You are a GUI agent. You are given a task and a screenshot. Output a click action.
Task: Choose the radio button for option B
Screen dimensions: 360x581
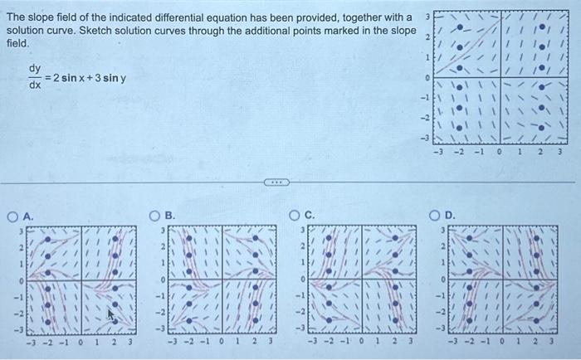pos(154,215)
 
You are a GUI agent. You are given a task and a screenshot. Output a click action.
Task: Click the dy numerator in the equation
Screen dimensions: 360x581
pos(35,69)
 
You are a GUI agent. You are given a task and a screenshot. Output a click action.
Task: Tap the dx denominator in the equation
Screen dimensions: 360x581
pos(35,85)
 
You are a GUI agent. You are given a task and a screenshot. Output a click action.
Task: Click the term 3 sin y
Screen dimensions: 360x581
pos(112,78)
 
